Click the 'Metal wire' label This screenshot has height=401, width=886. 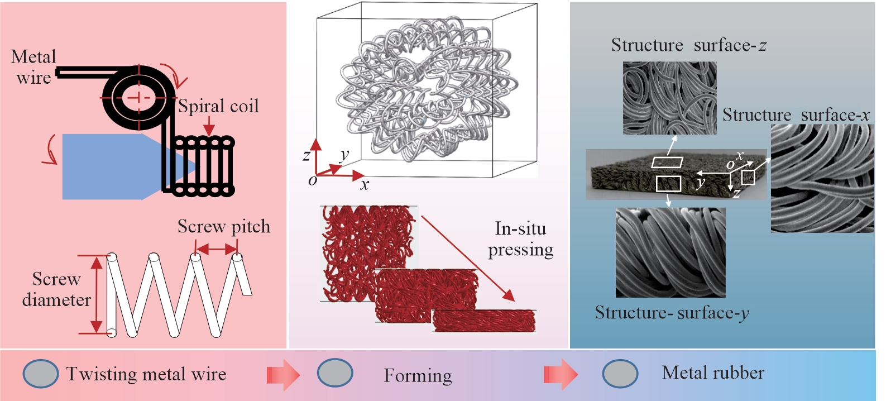click(33, 66)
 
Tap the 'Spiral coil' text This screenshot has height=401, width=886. click(218, 106)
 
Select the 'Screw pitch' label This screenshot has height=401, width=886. click(223, 227)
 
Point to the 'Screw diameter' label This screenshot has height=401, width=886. click(56, 289)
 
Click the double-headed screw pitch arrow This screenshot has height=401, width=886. click(217, 249)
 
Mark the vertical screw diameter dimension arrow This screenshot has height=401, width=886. click(97, 294)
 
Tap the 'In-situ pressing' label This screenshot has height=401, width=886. click(520, 239)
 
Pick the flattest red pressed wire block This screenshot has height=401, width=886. click(483, 321)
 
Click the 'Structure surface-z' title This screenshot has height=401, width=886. click(688, 45)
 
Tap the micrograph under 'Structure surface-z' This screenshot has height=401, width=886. click(669, 98)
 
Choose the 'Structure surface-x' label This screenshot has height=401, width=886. click(796, 115)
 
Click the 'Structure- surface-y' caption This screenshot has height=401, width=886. click(672, 313)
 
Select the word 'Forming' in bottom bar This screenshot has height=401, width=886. click(418, 376)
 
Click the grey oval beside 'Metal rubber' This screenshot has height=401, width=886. click(620, 373)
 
